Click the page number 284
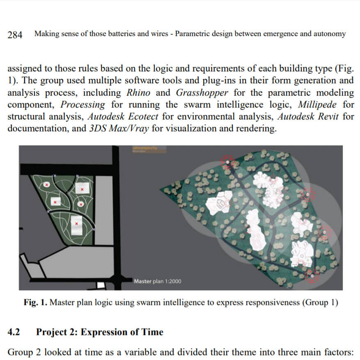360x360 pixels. click(15, 34)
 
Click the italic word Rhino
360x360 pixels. click(139, 93)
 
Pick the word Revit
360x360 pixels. click(325, 117)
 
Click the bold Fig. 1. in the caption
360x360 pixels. click(34, 303)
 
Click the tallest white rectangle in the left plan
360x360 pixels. click(77, 224)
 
